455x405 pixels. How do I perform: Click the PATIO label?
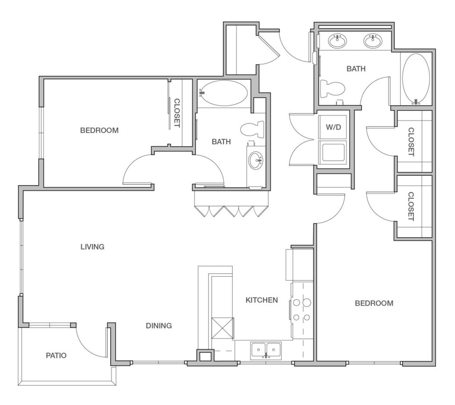56,355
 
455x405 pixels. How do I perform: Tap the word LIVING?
92,246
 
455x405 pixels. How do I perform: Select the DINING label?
159,326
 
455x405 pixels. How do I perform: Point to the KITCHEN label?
262,300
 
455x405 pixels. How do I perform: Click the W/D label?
333,127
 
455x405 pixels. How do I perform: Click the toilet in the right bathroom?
333,88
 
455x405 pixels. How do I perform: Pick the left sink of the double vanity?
337,40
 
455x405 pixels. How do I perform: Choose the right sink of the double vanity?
373,40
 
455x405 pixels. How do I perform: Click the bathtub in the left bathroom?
224,93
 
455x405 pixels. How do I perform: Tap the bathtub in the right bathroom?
416,79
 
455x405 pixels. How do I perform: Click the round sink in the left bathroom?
256,160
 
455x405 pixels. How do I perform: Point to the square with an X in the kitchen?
222,328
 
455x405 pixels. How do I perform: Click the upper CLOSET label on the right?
411,142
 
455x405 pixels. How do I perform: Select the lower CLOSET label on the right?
411,206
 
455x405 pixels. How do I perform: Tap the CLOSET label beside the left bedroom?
177,113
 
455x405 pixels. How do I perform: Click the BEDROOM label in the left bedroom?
99,131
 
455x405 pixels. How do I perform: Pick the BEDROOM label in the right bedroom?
374,303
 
